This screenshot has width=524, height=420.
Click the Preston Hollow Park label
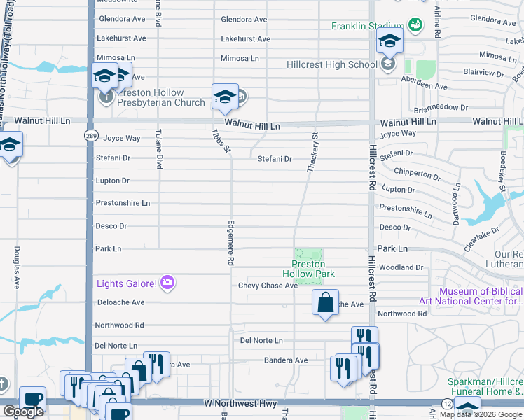click(308, 269)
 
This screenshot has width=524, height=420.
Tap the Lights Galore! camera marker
click(167, 283)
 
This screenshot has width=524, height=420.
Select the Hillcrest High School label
click(332, 65)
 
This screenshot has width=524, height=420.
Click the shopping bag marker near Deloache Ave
click(325, 303)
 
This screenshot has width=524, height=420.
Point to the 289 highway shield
click(91, 135)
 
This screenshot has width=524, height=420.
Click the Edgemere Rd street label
click(230, 243)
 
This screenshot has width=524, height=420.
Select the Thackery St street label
click(313, 153)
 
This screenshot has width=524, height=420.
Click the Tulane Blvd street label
click(159, 152)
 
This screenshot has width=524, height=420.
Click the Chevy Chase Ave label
click(268, 286)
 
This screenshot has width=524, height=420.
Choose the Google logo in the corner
click(23, 412)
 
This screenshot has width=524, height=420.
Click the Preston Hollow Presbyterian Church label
click(151, 97)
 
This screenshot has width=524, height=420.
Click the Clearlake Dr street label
click(480, 239)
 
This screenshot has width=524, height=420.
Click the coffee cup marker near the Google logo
click(32, 399)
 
